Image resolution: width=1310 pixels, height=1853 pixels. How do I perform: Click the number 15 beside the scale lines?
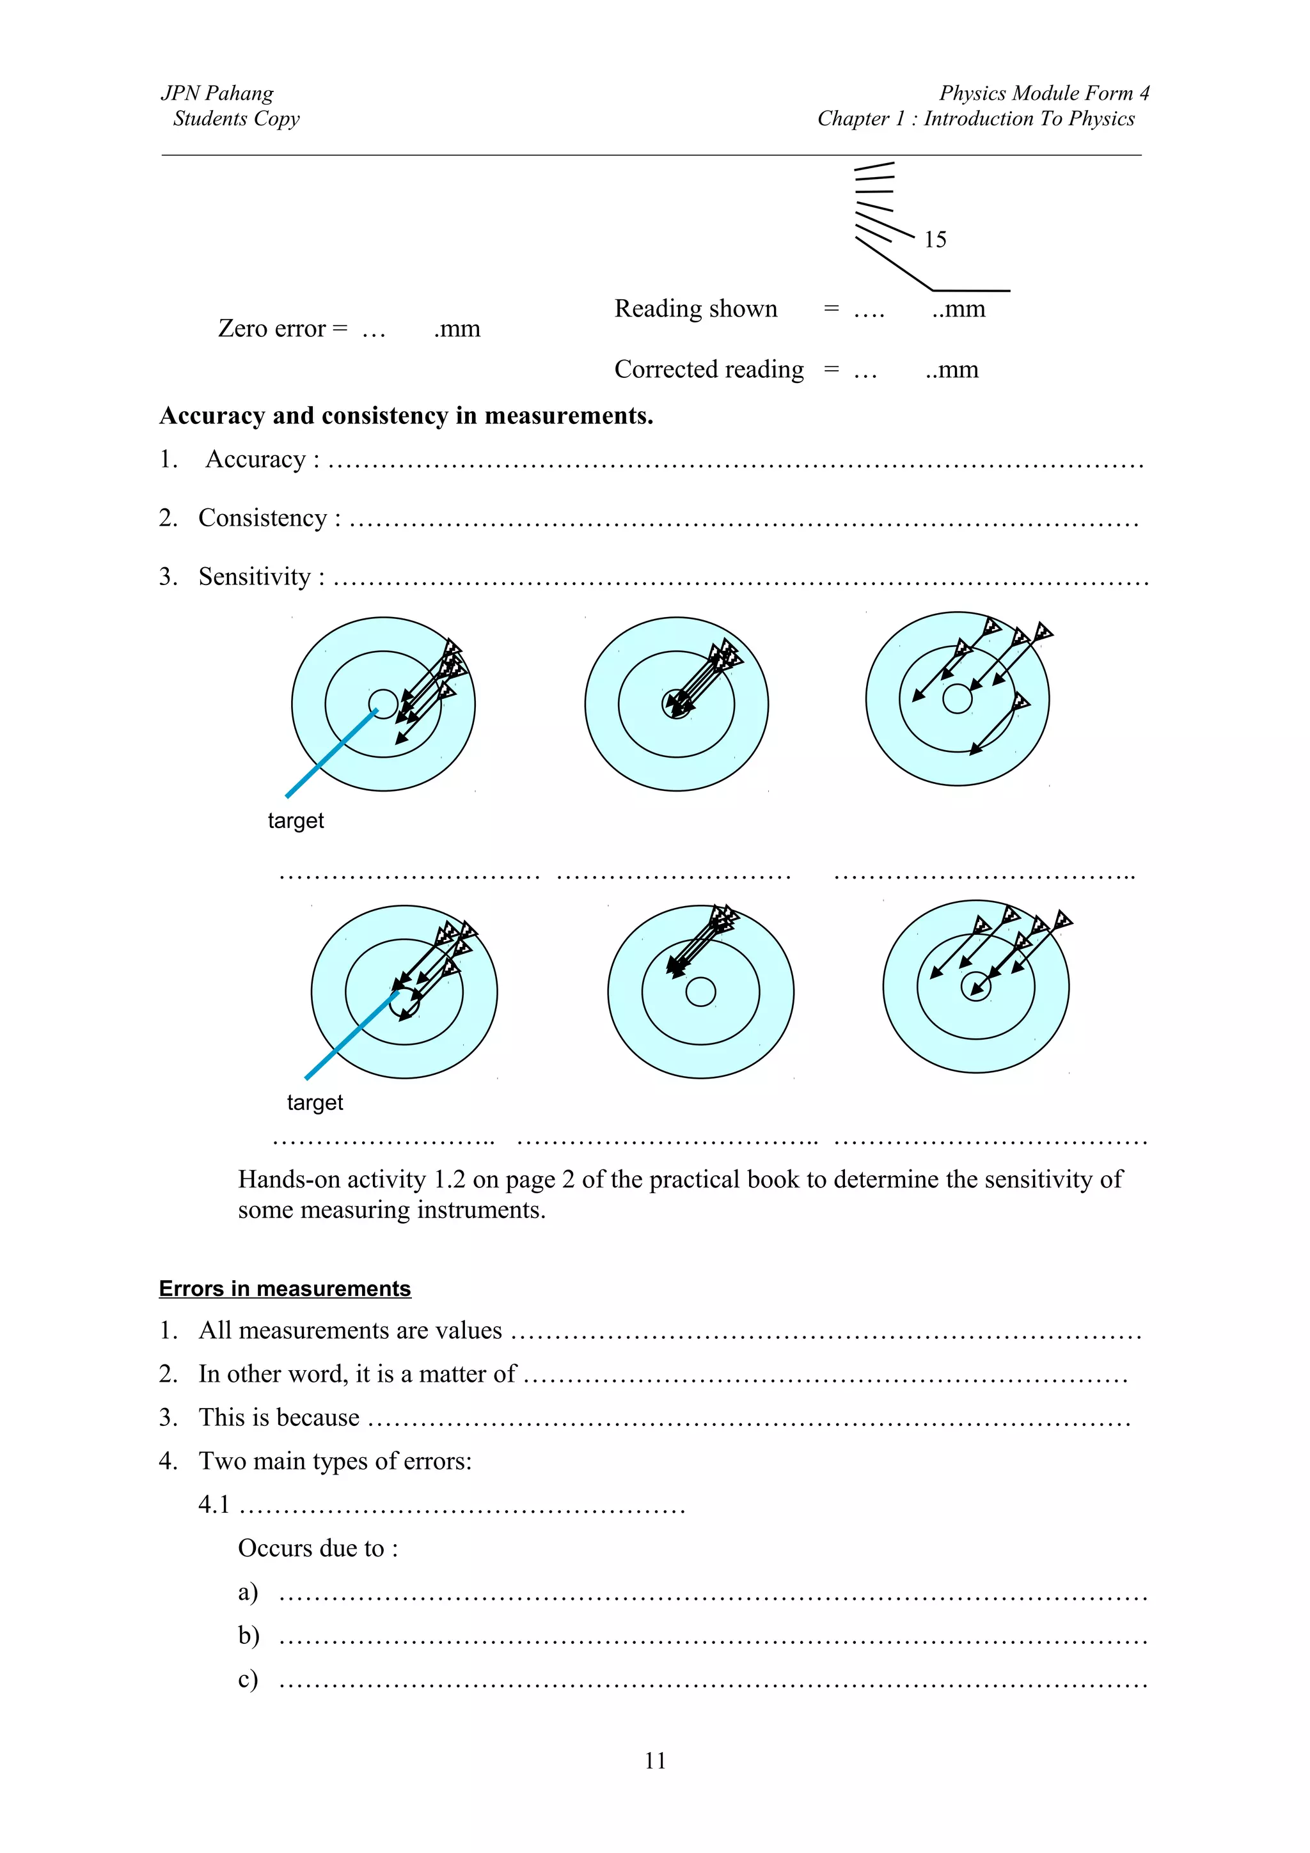click(x=935, y=240)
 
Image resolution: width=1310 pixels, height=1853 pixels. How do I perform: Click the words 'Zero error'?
click(x=271, y=329)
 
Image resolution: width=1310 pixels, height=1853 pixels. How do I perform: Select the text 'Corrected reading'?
click(x=709, y=370)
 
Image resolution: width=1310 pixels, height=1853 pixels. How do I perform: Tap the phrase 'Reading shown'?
click(x=696, y=309)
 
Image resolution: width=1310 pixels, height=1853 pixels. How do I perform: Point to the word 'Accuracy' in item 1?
click(x=255, y=459)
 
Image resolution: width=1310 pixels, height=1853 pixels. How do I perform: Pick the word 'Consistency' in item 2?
click(x=262, y=518)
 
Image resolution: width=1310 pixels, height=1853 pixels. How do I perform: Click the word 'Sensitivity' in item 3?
click(x=254, y=577)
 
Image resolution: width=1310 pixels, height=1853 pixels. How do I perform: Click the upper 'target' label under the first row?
click(x=296, y=821)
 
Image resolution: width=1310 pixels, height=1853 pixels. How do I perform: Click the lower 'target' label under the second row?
click(x=315, y=1102)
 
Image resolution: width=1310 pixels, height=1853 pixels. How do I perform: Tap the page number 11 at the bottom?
click(x=656, y=1760)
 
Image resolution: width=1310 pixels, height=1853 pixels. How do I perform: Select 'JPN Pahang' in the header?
click(x=217, y=93)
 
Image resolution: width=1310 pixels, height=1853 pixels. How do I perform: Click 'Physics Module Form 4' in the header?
click(x=1044, y=93)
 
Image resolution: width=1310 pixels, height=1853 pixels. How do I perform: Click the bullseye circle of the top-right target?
click(x=958, y=699)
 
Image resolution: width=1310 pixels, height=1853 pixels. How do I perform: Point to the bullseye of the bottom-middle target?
click(x=700, y=992)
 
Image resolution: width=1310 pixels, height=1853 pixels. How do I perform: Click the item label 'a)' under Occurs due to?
click(x=248, y=1591)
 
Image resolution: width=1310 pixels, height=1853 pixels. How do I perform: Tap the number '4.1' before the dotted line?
click(x=214, y=1505)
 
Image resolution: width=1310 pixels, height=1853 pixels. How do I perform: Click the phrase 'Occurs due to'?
click(x=311, y=1548)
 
